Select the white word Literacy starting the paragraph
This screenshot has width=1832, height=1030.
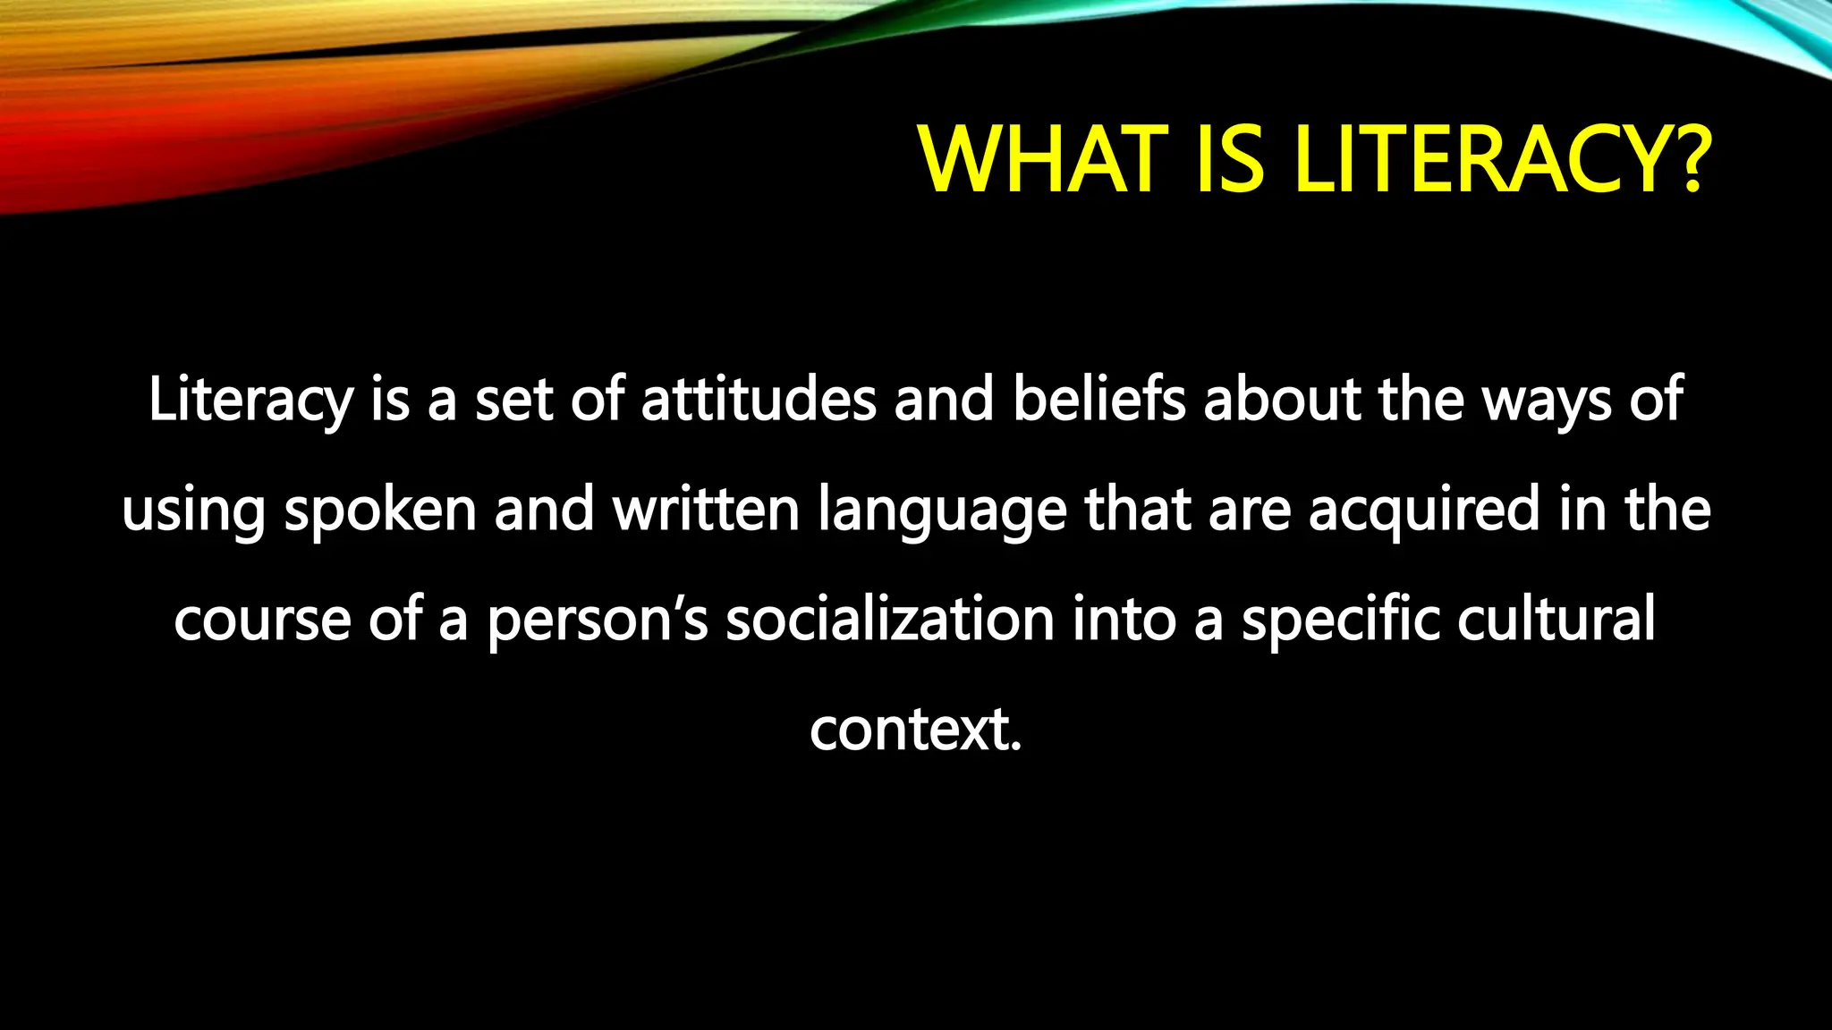[250, 400]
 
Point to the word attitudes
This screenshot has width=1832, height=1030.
[759, 400]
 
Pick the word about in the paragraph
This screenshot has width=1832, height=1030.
[1282, 400]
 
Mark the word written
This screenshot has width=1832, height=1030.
[706, 510]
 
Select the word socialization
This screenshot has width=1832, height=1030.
[889, 619]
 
